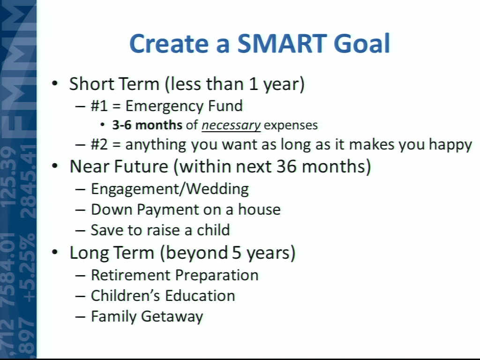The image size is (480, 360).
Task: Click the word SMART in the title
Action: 282,44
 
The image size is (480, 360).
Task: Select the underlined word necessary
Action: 231,125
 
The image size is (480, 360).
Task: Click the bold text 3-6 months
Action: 147,125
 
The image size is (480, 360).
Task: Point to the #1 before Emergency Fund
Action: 99,106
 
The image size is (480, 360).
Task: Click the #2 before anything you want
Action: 99,144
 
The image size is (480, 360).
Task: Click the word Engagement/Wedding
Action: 170,189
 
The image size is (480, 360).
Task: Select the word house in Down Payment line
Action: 259,210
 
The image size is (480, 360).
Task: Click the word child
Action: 213,230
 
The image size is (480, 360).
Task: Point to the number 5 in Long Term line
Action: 237,253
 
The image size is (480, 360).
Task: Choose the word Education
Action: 200,296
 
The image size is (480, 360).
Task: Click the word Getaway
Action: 172,317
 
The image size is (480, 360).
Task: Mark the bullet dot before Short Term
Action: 55,83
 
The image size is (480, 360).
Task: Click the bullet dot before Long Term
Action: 55,253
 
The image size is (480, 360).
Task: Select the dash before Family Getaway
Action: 80,316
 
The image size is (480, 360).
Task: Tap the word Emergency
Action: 165,106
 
